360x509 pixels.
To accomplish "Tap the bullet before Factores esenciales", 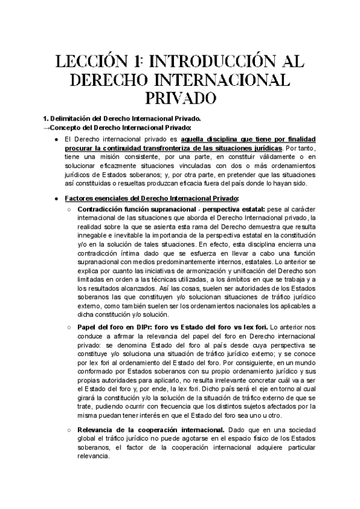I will click(56, 198).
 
